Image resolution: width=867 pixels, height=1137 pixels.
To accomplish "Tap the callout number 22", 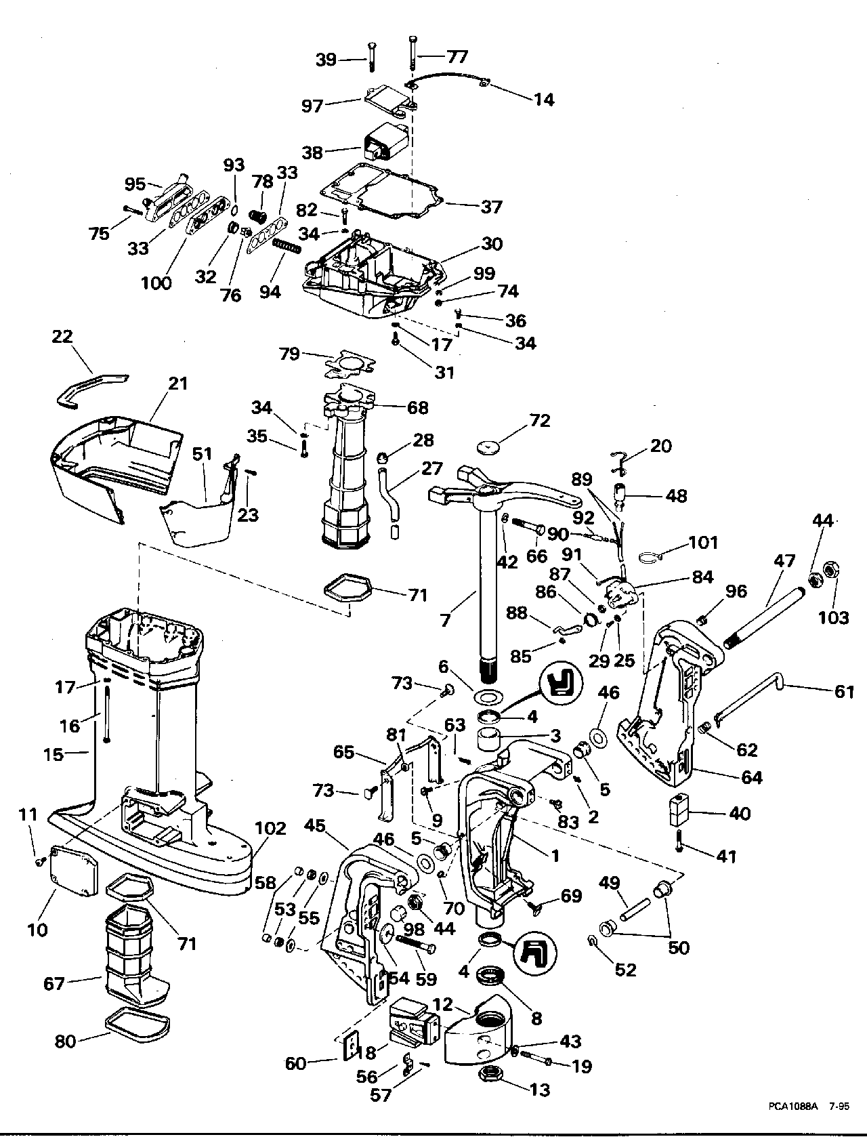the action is point(62,337).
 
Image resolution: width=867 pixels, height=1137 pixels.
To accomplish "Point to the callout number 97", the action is point(312,106).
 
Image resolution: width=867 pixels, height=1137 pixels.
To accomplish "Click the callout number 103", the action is point(834,617).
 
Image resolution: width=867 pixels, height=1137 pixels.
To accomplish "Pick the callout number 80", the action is point(65,1041).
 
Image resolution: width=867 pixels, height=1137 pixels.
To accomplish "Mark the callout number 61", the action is point(844,692).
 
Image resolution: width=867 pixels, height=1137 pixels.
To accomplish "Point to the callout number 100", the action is point(156,283).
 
